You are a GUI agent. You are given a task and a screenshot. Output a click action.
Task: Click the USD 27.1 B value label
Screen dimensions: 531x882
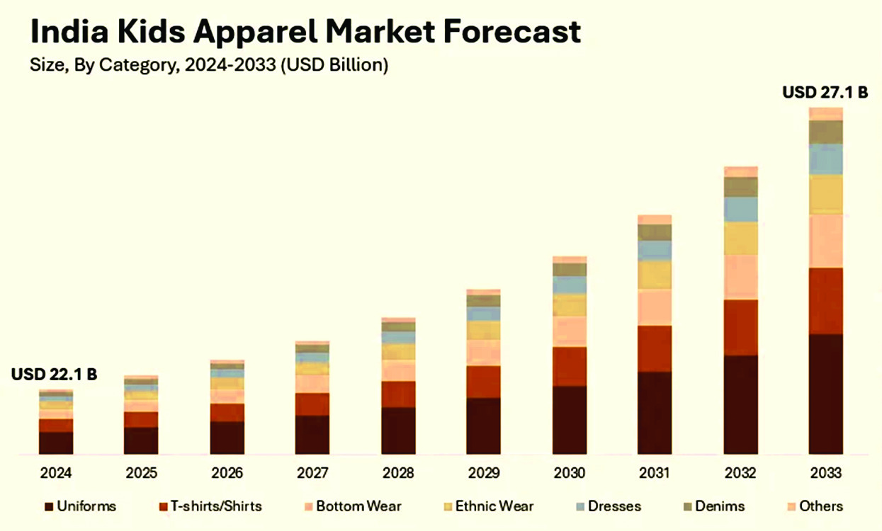(825, 92)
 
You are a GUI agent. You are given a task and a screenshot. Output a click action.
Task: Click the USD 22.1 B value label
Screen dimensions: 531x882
(54, 375)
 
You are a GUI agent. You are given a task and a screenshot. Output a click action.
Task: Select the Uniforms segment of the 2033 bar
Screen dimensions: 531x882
(825, 393)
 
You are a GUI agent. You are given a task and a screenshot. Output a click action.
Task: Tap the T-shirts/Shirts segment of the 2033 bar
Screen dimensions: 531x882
(825, 301)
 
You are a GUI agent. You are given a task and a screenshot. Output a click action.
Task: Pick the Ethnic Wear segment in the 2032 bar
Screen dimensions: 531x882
(740, 239)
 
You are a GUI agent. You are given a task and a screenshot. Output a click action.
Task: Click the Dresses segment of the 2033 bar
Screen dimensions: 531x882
(825, 159)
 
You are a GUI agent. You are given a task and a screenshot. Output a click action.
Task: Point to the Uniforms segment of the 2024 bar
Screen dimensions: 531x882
(56, 442)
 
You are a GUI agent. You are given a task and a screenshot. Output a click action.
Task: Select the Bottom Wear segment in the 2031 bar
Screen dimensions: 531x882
(655, 307)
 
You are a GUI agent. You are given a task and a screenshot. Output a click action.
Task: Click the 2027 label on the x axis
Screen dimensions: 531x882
(312, 473)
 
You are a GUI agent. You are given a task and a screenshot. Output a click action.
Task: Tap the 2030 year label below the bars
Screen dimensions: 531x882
(569, 473)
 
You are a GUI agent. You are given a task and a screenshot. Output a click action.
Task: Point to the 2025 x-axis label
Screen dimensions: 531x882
(141, 473)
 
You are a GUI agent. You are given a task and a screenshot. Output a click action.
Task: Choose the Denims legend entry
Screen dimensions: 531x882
(716, 506)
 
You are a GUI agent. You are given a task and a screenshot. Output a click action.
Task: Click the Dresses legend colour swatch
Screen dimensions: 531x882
(580, 507)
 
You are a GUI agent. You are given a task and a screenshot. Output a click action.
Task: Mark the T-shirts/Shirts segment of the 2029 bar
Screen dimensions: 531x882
(483, 382)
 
